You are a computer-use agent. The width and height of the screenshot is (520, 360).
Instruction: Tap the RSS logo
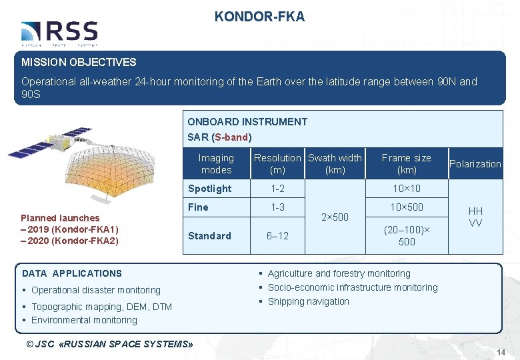click(x=59, y=33)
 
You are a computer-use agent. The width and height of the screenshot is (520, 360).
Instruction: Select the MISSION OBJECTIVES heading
click(x=79, y=62)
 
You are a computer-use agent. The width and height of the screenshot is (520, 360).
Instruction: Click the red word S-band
click(x=231, y=137)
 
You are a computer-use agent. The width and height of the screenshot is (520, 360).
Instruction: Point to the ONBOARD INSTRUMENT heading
click(x=247, y=121)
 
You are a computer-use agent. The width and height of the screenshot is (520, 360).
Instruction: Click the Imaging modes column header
click(x=216, y=163)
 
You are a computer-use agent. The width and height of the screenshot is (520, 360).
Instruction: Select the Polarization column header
click(x=475, y=164)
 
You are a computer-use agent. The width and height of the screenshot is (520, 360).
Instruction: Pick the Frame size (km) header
click(x=406, y=163)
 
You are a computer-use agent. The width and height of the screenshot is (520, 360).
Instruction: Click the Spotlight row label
click(x=209, y=189)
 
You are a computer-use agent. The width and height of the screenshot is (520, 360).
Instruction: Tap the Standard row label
click(x=209, y=235)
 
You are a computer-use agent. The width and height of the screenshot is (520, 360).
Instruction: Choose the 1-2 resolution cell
click(x=277, y=189)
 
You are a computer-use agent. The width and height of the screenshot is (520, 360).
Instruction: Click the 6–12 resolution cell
click(x=277, y=236)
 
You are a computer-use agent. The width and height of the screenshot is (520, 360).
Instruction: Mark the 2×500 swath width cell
click(x=335, y=217)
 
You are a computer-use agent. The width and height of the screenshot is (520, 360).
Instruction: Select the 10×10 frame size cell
click(x=406, y=189)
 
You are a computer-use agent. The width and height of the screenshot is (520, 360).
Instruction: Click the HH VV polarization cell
click(x=475, y=217)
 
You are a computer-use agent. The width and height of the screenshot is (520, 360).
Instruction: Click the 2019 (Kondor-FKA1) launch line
click(x=70, y=229)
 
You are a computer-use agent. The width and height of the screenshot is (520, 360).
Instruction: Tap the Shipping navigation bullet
click(x=308, y=301)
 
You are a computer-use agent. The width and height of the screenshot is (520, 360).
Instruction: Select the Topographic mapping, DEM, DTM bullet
click(x=101, y=307)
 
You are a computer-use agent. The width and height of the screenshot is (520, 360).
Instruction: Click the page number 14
click(x=502, y=351)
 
